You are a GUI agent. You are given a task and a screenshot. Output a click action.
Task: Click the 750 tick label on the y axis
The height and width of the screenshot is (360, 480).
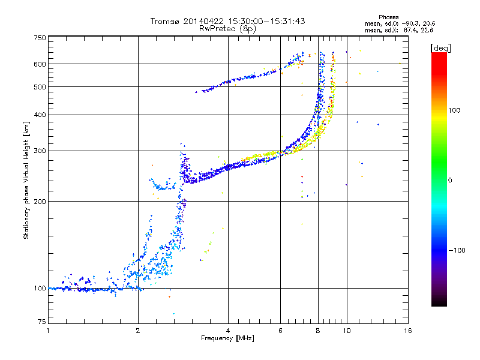(x=40, y=38)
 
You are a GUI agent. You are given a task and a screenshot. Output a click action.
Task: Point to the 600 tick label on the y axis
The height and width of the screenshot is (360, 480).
(x=40, y=64)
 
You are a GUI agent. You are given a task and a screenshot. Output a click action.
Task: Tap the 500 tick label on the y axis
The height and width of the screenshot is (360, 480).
(x=40, y=87)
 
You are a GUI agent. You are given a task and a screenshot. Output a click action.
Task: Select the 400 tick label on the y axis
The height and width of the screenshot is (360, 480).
(x=40, y=115)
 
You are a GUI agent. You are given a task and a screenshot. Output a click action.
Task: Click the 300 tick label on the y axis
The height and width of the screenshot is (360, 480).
(x=40, y=151)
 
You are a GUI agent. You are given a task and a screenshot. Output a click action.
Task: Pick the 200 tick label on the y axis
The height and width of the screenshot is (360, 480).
(x=40, y=201)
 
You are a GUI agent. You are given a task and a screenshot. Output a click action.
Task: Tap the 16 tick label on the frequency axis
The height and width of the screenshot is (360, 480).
(x=407, y=330)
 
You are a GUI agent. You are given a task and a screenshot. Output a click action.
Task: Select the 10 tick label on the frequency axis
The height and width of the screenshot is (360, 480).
(x=346, y=330)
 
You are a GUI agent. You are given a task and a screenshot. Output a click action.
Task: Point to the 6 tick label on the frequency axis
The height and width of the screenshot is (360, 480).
(x=280, y=330)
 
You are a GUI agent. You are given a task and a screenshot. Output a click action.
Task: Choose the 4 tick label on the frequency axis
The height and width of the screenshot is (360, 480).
(x=228, y=330)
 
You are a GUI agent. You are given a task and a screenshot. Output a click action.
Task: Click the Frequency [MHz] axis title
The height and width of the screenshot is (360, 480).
(x=228, y=339)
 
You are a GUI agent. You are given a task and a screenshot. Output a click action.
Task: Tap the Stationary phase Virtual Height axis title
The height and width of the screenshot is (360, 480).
(x=26, y=180)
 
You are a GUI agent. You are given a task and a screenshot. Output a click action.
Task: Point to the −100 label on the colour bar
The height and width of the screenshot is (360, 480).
(x=457, y=250)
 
